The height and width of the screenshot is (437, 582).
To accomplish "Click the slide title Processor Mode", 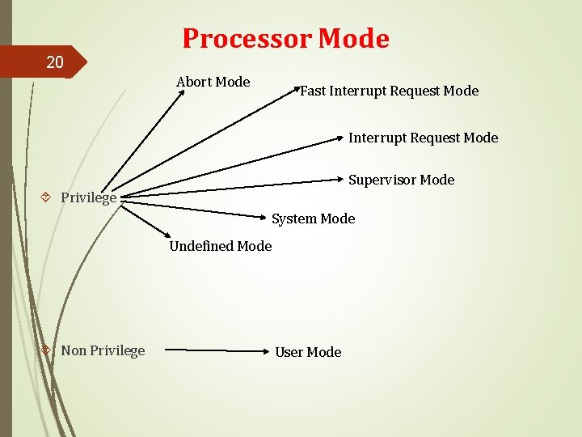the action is [285, 38].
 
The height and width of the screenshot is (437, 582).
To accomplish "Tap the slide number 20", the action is [54, 62].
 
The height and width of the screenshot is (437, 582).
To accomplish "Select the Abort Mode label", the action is [213, 82].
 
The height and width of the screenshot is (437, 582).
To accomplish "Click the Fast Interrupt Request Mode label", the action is [389, 91].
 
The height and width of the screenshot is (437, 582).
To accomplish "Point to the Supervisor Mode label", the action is [401, 180].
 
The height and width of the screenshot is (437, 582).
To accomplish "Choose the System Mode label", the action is [313, 218].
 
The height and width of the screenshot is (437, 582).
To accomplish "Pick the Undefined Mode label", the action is [220, 246].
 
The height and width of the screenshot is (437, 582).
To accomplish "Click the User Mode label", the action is [308, 352].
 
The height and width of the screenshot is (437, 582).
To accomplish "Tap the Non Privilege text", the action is [103, 350].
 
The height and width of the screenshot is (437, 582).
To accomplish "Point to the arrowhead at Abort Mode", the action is [181, 92].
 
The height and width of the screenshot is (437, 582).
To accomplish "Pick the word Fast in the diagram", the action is [313, 91].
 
